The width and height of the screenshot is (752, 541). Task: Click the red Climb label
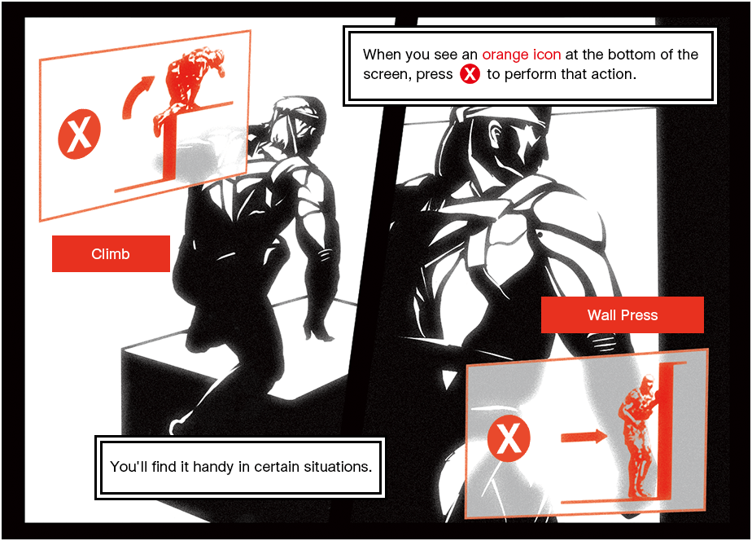111,254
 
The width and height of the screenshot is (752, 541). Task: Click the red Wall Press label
622,314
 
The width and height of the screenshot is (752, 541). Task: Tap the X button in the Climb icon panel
79,134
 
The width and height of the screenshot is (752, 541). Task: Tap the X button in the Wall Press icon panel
509,439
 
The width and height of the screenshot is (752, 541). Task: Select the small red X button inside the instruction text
470,74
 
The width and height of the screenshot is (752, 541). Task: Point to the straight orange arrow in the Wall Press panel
584,437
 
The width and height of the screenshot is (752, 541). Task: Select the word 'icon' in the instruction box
546,55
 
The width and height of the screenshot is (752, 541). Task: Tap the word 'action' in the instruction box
611,74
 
